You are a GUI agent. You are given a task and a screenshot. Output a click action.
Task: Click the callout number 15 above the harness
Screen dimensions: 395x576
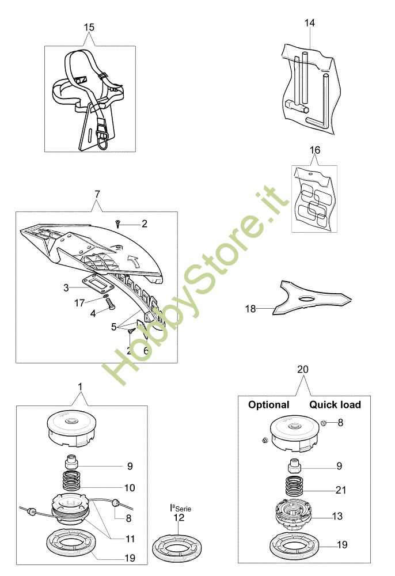(x=89, y=27)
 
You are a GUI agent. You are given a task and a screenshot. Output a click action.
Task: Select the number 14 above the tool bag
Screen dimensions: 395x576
(x=310, y=23)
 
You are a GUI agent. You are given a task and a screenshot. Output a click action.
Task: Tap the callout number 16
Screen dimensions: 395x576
(x=314, y=150)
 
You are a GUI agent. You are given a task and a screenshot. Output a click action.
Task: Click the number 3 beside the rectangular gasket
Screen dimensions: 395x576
(x=66, y=286)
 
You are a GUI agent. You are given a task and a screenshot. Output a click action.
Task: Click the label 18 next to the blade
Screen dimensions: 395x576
(x=250, y=309)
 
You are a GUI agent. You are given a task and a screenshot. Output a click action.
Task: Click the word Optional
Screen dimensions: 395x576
(x=268, y=405)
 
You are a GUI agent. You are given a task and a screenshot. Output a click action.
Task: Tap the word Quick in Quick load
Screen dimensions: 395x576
(x=322, y=405)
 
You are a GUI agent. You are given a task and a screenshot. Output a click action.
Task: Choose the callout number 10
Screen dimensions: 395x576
(x=129, y=488)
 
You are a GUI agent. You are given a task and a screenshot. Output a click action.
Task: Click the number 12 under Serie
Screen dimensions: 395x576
(x=179, y=518)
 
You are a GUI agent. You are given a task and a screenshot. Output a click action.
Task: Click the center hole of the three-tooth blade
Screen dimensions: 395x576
(x=308, y=297)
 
